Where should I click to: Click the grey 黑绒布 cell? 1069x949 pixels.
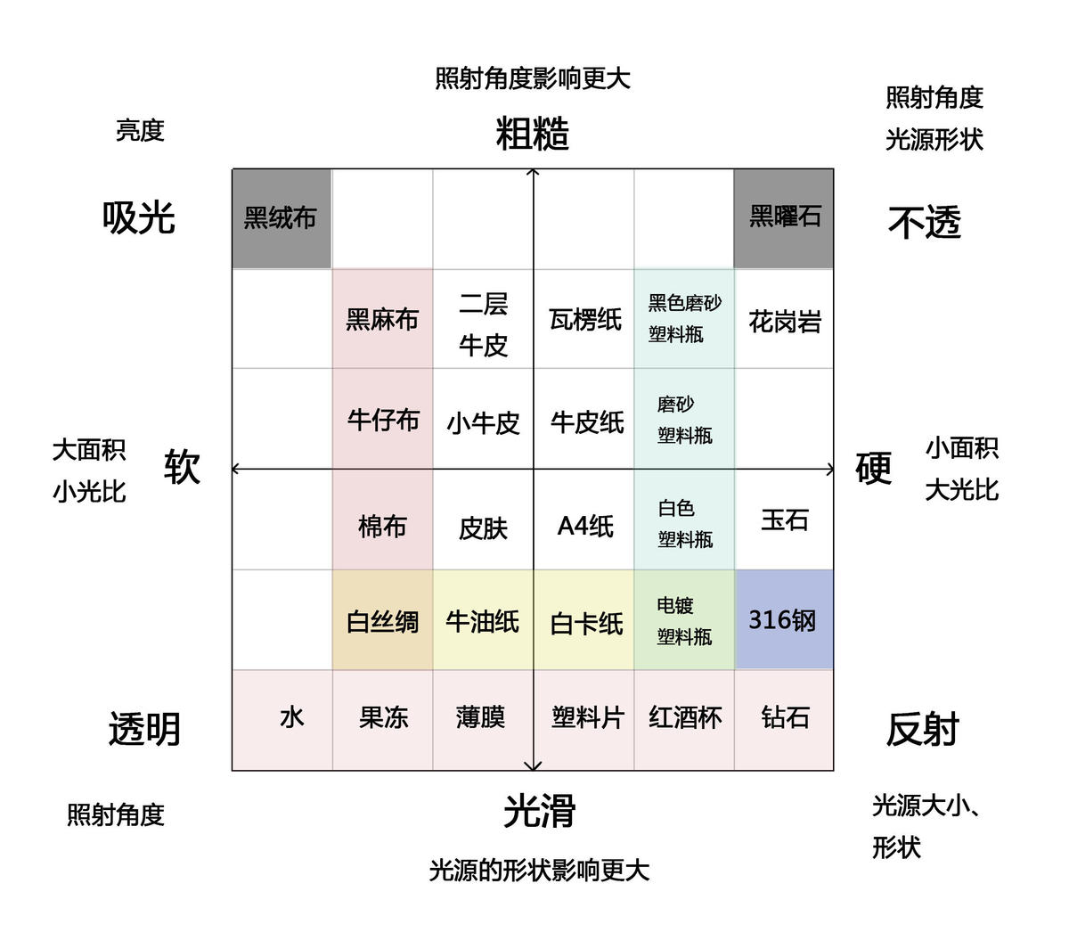282,218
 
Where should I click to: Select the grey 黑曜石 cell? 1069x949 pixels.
784,218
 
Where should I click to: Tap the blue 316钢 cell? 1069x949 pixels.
784,619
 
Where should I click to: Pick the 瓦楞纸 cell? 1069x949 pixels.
583,319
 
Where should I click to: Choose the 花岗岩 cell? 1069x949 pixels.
784,319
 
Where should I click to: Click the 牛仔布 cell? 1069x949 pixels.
382,419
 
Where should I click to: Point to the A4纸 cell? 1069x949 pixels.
583,519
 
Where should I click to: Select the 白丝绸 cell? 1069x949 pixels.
382,619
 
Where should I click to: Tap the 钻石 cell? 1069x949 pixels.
784,720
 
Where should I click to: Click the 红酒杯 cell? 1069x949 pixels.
684,720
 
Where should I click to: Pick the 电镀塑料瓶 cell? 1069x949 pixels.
684,619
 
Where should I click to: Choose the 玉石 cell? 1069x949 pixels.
784,519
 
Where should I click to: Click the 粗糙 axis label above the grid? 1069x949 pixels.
532,134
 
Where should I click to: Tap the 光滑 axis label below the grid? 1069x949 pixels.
539,810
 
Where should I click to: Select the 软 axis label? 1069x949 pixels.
182,467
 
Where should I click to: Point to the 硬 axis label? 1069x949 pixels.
873,468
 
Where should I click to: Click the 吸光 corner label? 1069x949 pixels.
138,217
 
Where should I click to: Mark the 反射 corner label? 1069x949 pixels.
922,729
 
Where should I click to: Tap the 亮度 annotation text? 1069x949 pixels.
140,130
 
